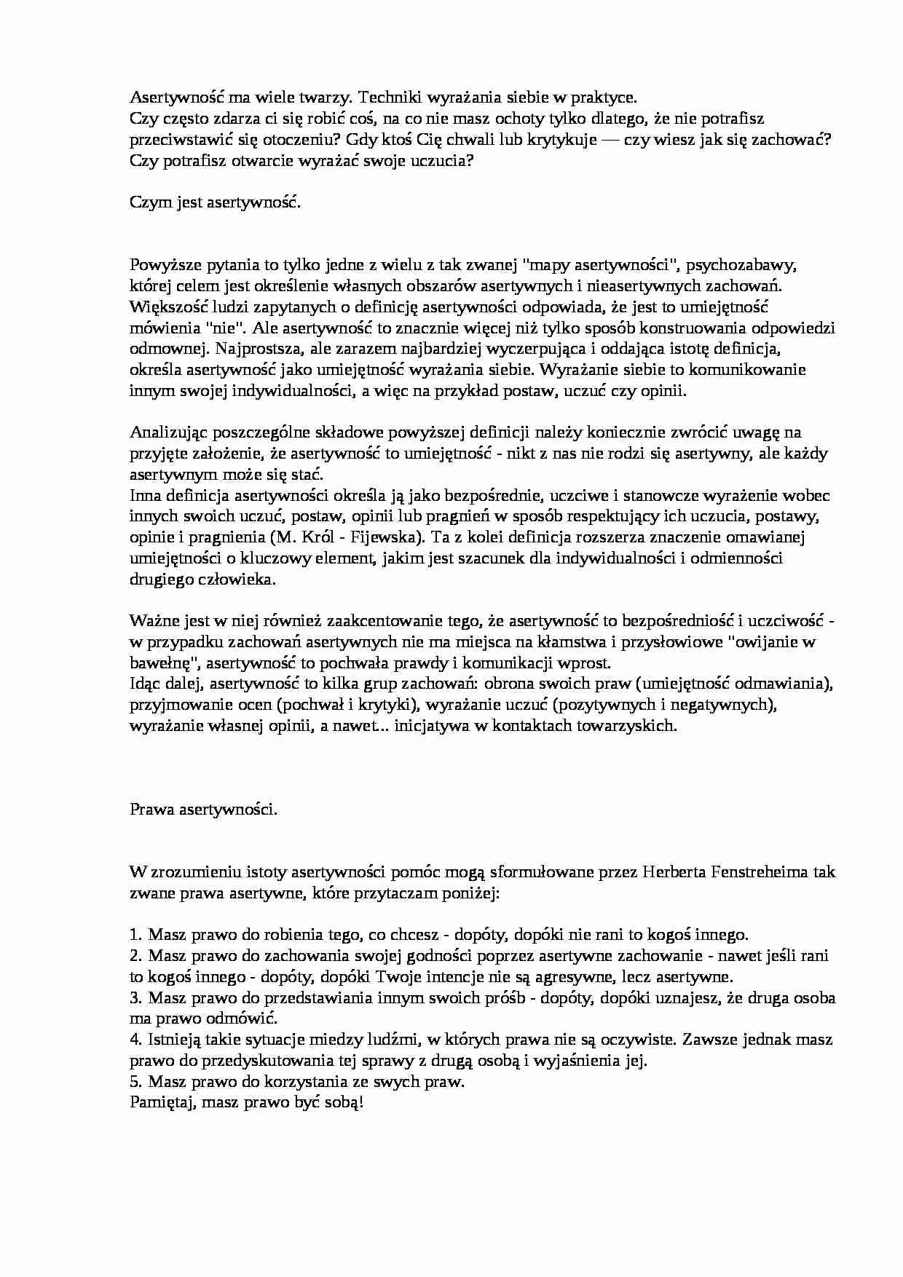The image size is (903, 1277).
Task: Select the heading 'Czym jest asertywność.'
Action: click(216, 202)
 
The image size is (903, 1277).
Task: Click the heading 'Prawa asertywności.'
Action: click(204, 810)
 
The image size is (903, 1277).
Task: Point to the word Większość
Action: click(170, 306)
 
